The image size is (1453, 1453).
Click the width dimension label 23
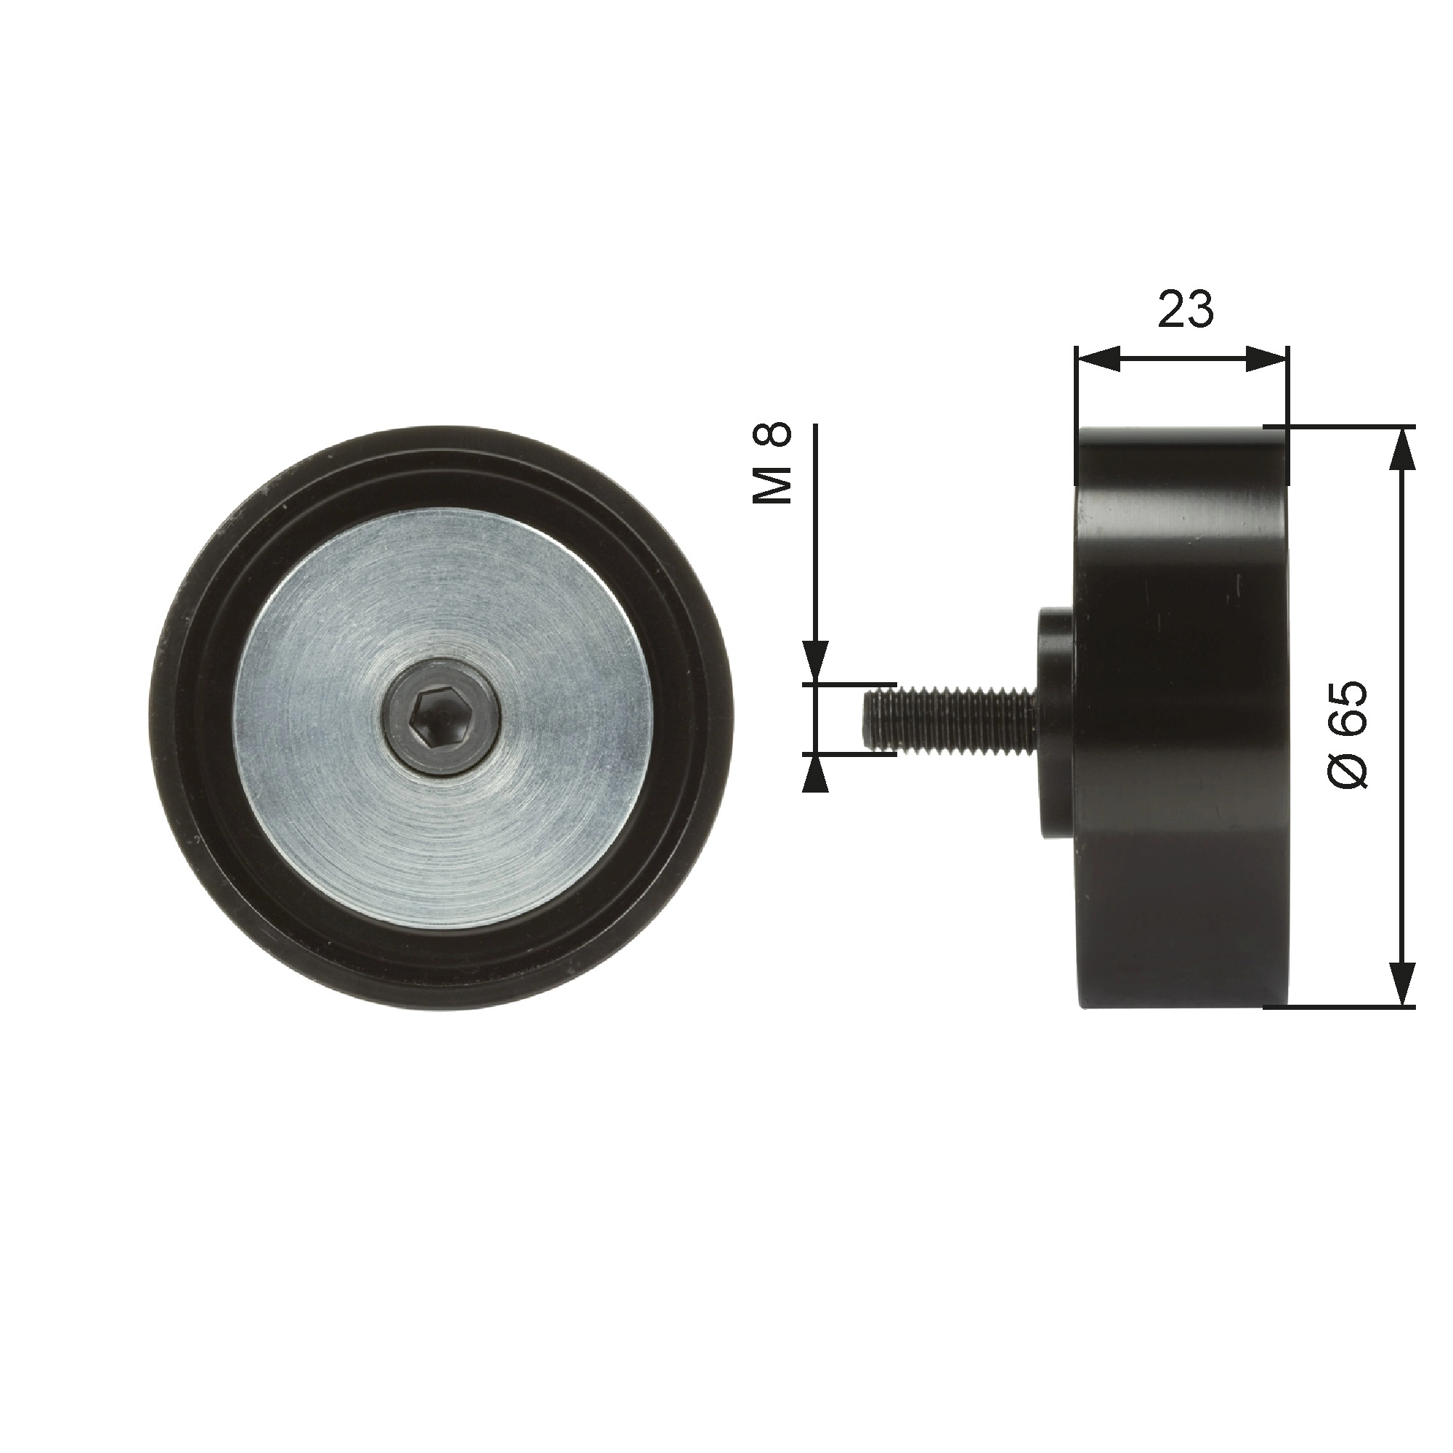click(1185, 309)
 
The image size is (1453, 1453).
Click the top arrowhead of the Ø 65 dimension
click(1401, 451)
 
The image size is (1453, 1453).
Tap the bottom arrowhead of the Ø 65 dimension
click(1401, 984)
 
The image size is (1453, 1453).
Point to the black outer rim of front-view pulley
click(188, 722)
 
